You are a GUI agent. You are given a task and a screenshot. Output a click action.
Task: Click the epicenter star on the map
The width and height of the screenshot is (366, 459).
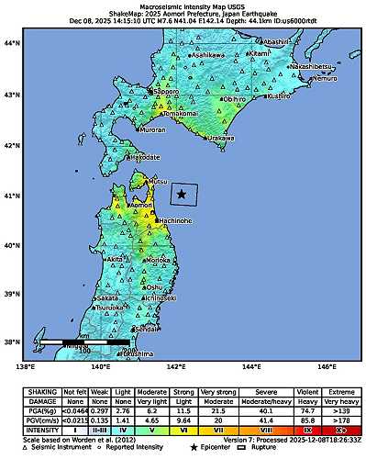182,194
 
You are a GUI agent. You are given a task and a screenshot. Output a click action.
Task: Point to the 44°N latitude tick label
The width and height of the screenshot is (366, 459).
13,44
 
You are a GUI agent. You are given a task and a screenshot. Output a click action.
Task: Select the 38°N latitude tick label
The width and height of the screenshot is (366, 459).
13,342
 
